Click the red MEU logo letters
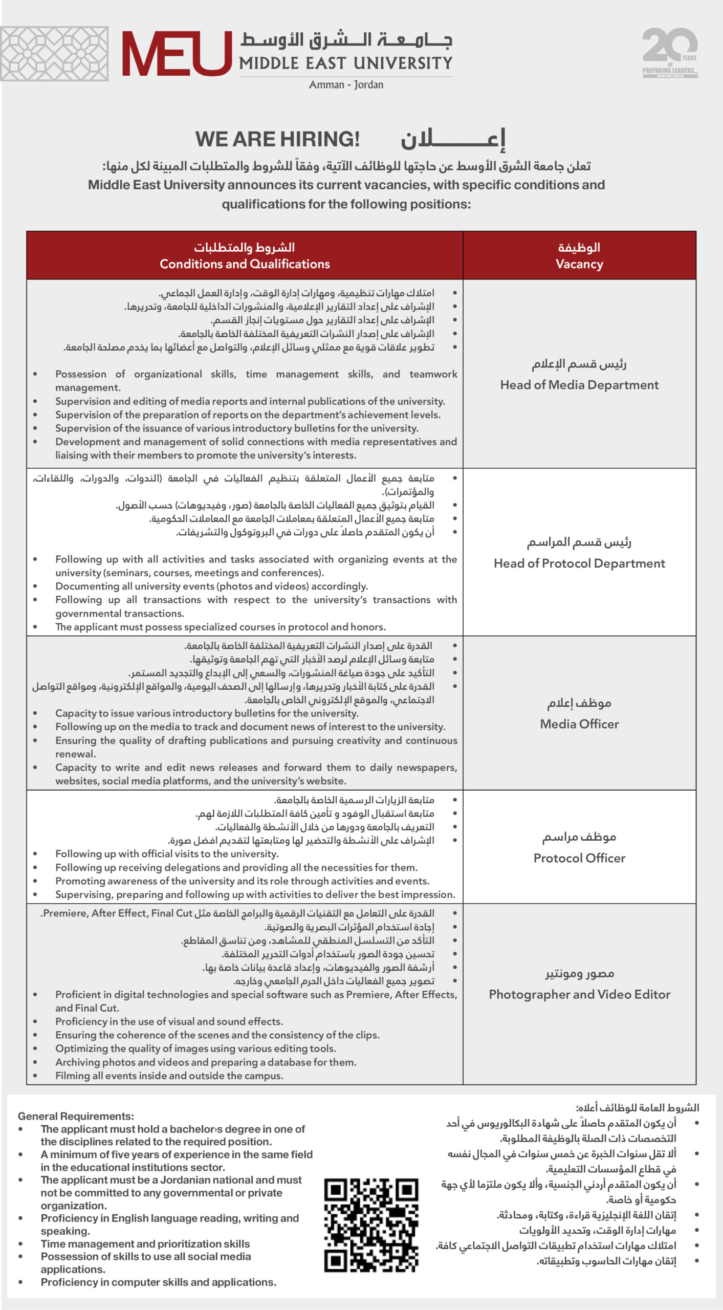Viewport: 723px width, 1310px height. pos(176,53)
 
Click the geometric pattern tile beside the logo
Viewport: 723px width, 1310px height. pos(54,54)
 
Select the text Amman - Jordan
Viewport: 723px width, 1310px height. pos(346,85)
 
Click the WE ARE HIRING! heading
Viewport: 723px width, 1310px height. pos(277,139)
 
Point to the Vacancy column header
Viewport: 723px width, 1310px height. pos(579,264)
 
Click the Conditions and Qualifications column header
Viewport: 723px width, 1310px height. pos(245,264)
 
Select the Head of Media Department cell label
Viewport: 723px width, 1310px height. pos(579,385)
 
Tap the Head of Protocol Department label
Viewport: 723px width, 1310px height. pos(579,563)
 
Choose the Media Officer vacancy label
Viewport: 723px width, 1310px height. pos(579,724)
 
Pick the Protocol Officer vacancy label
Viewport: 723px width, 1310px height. pos(579,858)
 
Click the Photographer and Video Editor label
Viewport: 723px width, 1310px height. pos(579,994)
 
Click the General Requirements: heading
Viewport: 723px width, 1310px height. pos(76,1116)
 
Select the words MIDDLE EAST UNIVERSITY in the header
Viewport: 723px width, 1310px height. pos(346,63)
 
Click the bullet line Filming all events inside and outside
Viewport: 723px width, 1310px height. pos(169,1076)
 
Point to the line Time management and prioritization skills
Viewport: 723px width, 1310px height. pos(145,1243)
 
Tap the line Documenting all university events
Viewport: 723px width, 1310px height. pos(211,586)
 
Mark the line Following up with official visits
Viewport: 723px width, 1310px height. pos(167,854)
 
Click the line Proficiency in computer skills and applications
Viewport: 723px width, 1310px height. pos(159,1282)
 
